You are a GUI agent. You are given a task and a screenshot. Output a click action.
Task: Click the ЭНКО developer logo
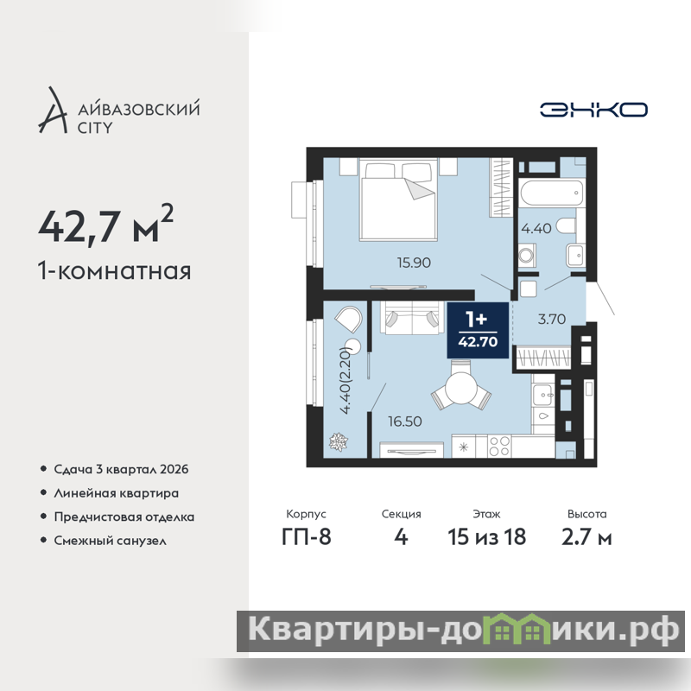point(593,110)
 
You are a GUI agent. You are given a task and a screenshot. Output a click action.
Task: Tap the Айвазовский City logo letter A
point(54,111)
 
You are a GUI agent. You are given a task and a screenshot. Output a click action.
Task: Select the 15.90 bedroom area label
point(414,263)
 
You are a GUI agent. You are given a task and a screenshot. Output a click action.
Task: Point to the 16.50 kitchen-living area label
point(405,422)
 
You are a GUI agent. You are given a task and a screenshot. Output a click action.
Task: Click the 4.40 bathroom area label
point(536,228)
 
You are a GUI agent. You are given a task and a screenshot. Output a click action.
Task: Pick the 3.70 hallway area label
point(552,319)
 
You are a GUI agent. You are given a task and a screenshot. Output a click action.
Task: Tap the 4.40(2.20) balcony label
point(345,380)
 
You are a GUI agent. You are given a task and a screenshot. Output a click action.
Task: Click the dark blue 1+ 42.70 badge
point(478,331)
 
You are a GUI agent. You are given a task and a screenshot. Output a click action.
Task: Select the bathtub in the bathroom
point(552,193)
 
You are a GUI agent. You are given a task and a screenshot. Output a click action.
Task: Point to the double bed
point(398,200)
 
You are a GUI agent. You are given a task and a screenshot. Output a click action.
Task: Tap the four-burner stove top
point(499,446)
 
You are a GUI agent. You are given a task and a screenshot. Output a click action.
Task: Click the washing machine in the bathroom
point(527,255)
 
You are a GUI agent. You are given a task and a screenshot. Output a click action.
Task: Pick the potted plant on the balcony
point(339,441)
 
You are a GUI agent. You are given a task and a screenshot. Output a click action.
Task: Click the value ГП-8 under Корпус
point(307,536)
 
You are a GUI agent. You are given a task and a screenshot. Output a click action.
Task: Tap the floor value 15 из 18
point(486,536)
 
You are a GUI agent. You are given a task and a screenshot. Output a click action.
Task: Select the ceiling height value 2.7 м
point(586,536)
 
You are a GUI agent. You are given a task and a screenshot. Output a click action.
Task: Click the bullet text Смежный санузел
point(111,541)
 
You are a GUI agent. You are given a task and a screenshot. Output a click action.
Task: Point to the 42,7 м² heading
point(105,225)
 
